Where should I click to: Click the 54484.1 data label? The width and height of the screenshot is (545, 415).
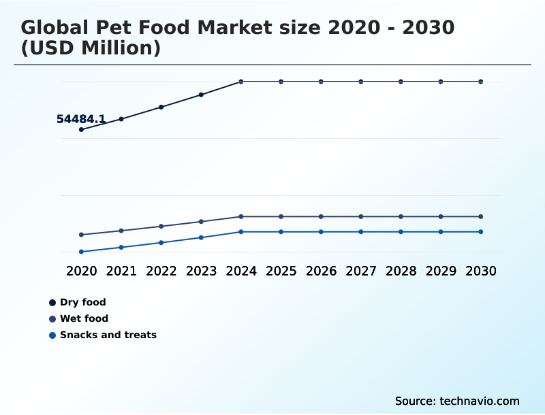tap(80, 120)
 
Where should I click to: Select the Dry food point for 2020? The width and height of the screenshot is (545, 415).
tap(82, 129)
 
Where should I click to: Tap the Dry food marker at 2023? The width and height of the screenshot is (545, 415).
tap(201, 95)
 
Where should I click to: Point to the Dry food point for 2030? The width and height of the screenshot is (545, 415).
tap(480, 82)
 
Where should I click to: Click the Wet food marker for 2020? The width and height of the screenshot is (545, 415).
tap(82, 235)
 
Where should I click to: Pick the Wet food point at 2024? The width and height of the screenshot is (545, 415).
tap(241, 216)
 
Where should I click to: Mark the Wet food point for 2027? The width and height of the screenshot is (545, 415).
tap(361, 216)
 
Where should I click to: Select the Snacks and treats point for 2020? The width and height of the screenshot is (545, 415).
tap(82, 252)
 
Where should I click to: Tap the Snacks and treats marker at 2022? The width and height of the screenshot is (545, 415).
tap(161, 242)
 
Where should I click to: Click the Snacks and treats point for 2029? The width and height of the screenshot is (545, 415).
tap(441, 232)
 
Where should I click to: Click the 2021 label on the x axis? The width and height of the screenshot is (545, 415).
tap(121, 271)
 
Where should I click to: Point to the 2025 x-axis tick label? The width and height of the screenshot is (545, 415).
tap(281, 271)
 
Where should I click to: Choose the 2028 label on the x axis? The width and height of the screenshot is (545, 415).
tap(401, 271)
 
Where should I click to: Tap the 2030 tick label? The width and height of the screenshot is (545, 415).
tap(480, 271)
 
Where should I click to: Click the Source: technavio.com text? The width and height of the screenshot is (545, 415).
tap(457, 401)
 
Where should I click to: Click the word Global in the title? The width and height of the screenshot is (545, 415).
tap(54, 28)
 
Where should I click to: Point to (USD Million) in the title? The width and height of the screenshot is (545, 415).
tap(91, 48)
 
